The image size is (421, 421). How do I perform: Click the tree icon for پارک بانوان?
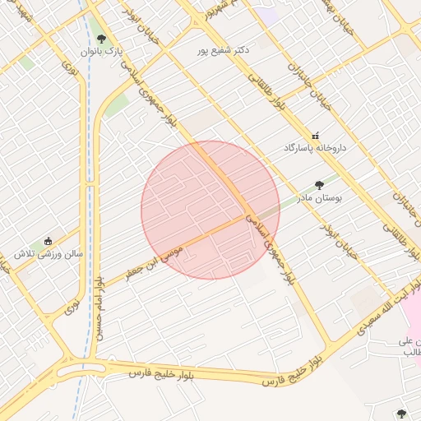pyautogui.click(x=101, y=38)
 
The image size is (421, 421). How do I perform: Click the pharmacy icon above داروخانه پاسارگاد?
pyautogui.click(x=315, y=135)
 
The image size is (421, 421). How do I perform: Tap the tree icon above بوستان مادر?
pyautogui.click(x=319, y=186)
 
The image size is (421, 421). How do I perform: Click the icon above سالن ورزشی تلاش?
pyautogui.click(x=49, y=241)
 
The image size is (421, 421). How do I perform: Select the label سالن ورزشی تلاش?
pyautogui.click(x=49, y=254)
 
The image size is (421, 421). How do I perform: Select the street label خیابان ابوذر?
pyautogui.click(x=339, y=238)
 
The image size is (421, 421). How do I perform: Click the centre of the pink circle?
pyautogui.click(x=210, y=210)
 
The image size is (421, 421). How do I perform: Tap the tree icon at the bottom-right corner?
pyautogui.click(x=401, y=414)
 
